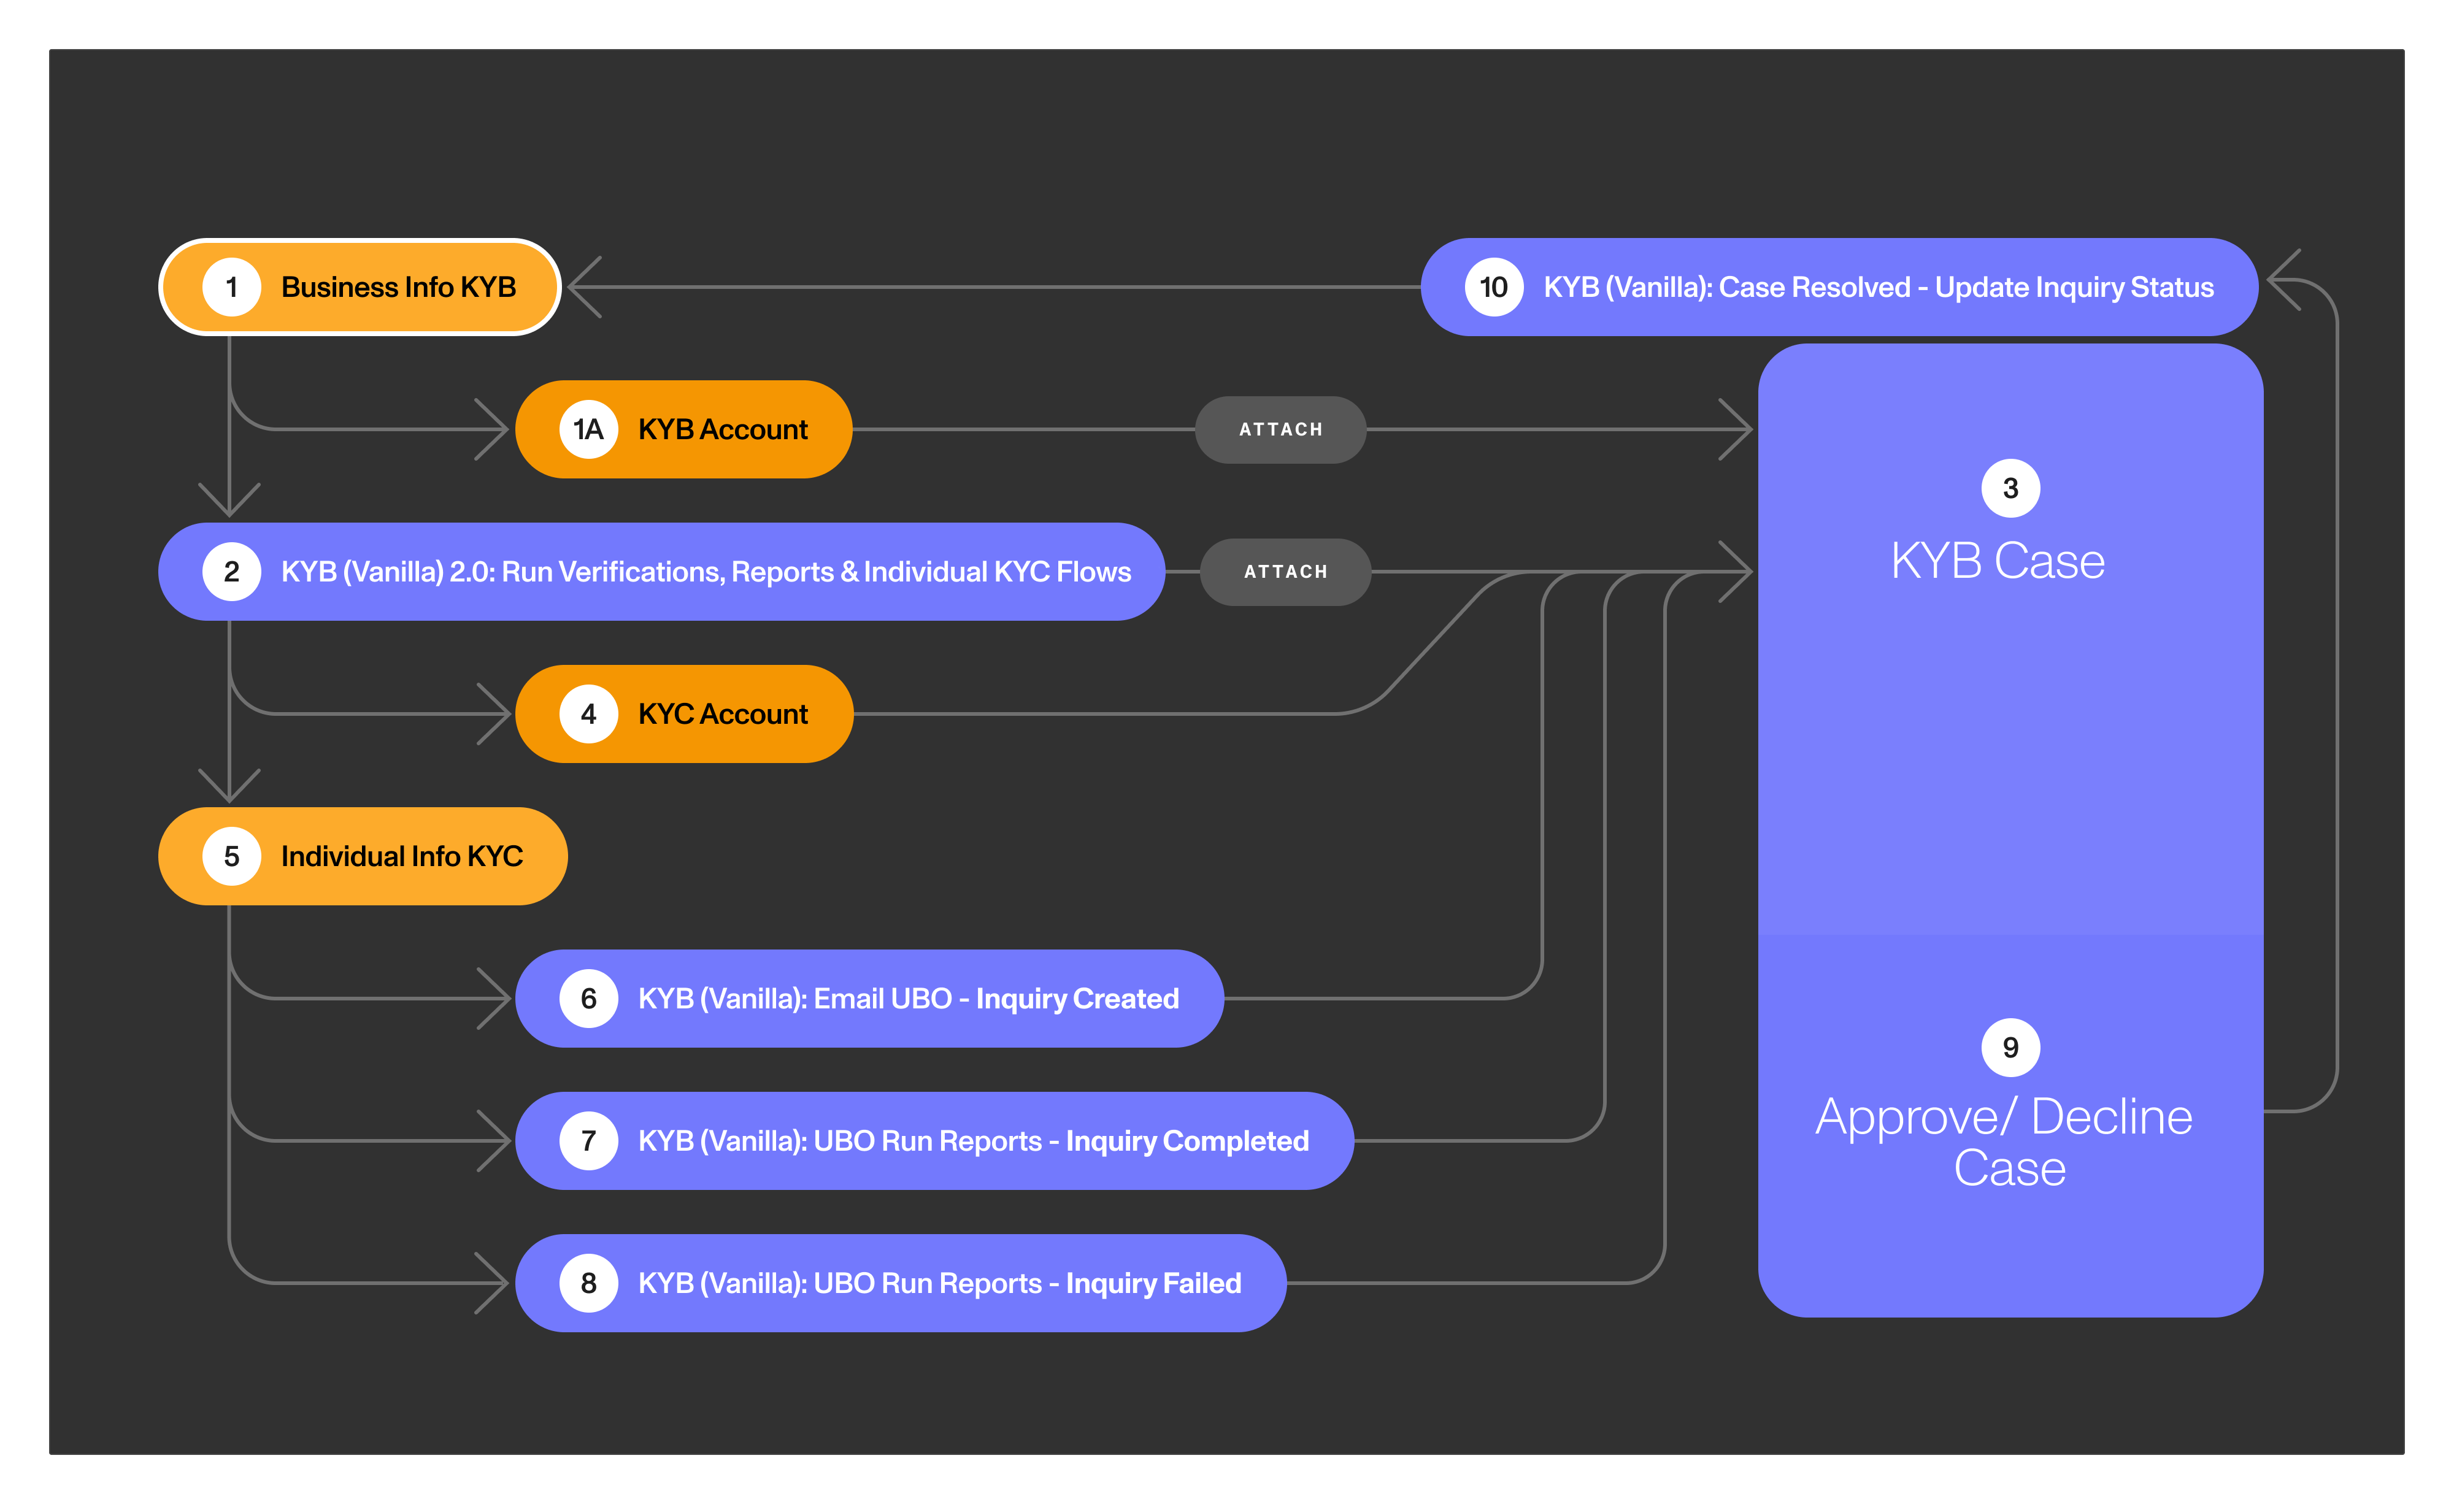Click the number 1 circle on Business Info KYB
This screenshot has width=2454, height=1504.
point(231,288)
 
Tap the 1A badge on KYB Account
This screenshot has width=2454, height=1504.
point(588,430)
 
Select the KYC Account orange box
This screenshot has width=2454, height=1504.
point(684,714)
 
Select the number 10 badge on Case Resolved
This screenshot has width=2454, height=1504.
point(1493,288)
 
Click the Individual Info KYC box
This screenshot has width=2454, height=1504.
point(363,857)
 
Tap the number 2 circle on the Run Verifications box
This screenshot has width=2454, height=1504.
point(231,572)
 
